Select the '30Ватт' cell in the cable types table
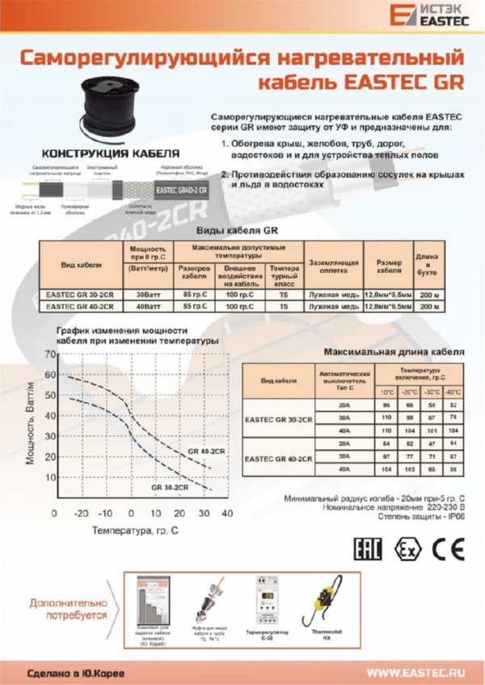(148, 296)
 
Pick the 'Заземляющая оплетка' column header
(334, 267)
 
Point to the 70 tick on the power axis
(53, 355)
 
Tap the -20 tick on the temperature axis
(81, 514)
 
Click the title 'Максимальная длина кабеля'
(394, 353)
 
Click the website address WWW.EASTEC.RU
(417, 671)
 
